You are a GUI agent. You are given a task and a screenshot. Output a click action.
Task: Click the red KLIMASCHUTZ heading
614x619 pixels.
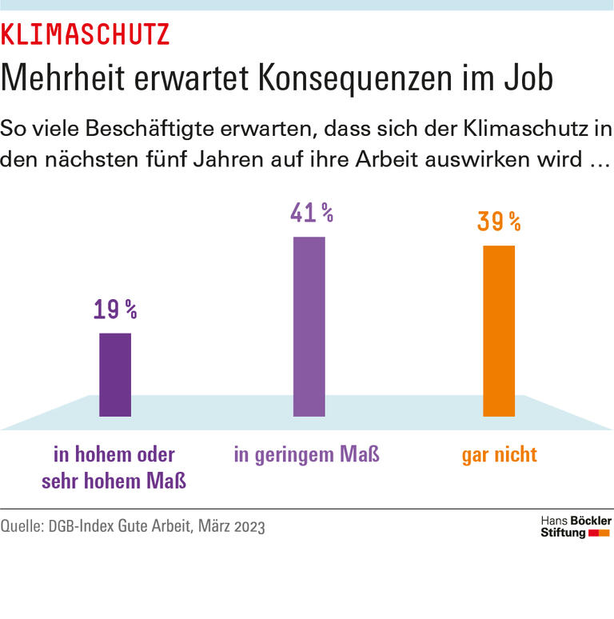[85, 34]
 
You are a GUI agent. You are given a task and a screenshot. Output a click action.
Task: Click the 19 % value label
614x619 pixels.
[115, 310]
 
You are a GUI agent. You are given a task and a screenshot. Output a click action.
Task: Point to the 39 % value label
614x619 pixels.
[499, 222]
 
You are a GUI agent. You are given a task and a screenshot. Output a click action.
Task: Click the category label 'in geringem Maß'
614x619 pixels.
[306, 455]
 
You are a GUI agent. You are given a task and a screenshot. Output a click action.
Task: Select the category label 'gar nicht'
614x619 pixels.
[499, 455]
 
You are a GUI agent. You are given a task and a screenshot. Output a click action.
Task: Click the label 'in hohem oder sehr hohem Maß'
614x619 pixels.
[114, 468]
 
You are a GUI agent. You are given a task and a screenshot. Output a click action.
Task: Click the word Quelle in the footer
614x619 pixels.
[22, 527]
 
